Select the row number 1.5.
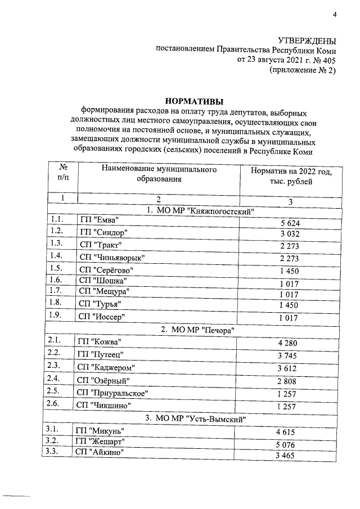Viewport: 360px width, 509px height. [56, 268]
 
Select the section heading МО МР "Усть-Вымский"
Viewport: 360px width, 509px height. [195, 418]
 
